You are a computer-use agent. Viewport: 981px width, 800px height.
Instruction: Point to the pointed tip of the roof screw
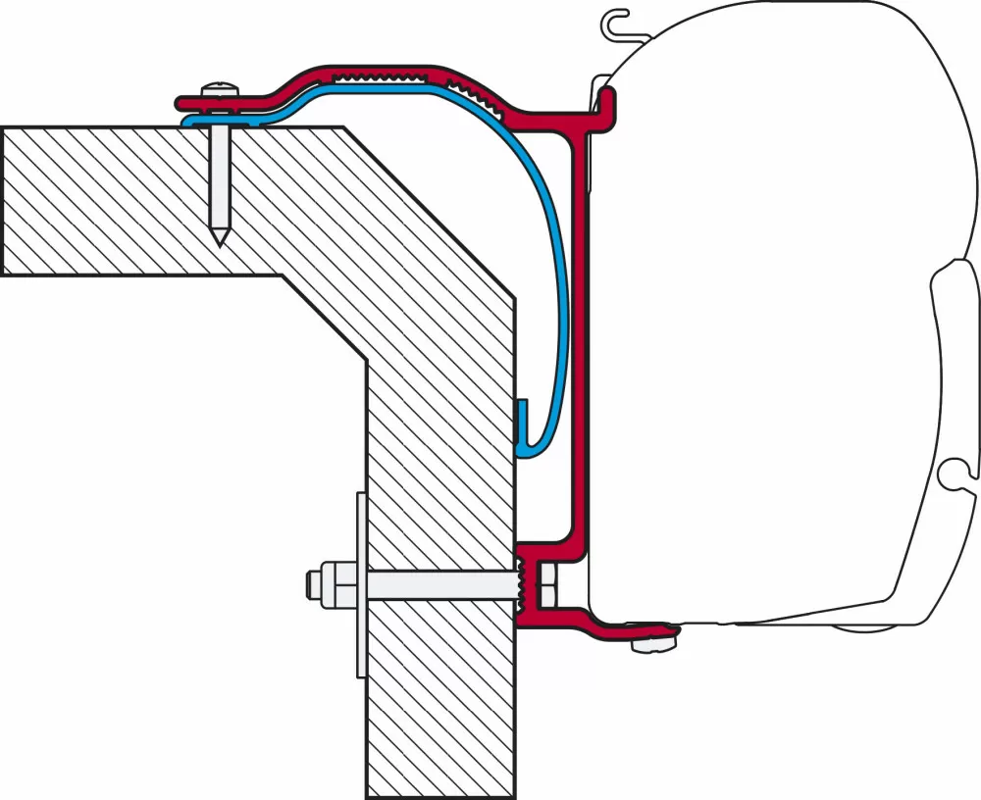pos(222,238)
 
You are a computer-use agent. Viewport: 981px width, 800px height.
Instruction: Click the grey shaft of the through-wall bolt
pos(441,585)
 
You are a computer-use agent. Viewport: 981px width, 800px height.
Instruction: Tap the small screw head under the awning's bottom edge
pos(647,644)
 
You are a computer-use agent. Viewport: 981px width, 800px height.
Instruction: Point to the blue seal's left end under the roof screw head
pos(188,121)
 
